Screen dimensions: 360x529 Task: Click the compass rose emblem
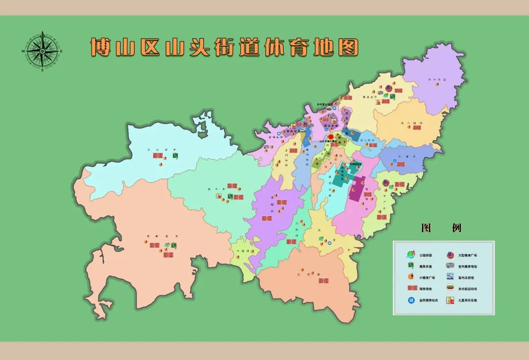[43, 51]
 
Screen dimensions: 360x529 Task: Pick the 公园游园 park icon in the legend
[410, 255]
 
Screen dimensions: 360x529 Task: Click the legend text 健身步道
[425, 266]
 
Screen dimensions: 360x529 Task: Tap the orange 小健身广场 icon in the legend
[409, 277]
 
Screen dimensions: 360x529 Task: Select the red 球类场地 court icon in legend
[410, 288]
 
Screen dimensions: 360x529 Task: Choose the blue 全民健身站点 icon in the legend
[410, 300]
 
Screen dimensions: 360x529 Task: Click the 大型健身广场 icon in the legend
[450, 255]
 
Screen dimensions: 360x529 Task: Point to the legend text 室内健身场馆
[468, 266]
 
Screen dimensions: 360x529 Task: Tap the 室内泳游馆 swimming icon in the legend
[450, 277]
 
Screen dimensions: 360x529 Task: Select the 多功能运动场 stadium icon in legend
[450, 288]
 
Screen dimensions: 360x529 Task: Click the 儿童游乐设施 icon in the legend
[450, 300]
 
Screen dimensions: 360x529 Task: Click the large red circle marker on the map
[331, 137]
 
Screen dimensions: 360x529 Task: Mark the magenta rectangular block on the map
[357, 189]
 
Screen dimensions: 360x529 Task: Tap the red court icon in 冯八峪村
[417, 127]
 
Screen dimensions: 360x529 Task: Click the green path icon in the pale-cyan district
[175, 156]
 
